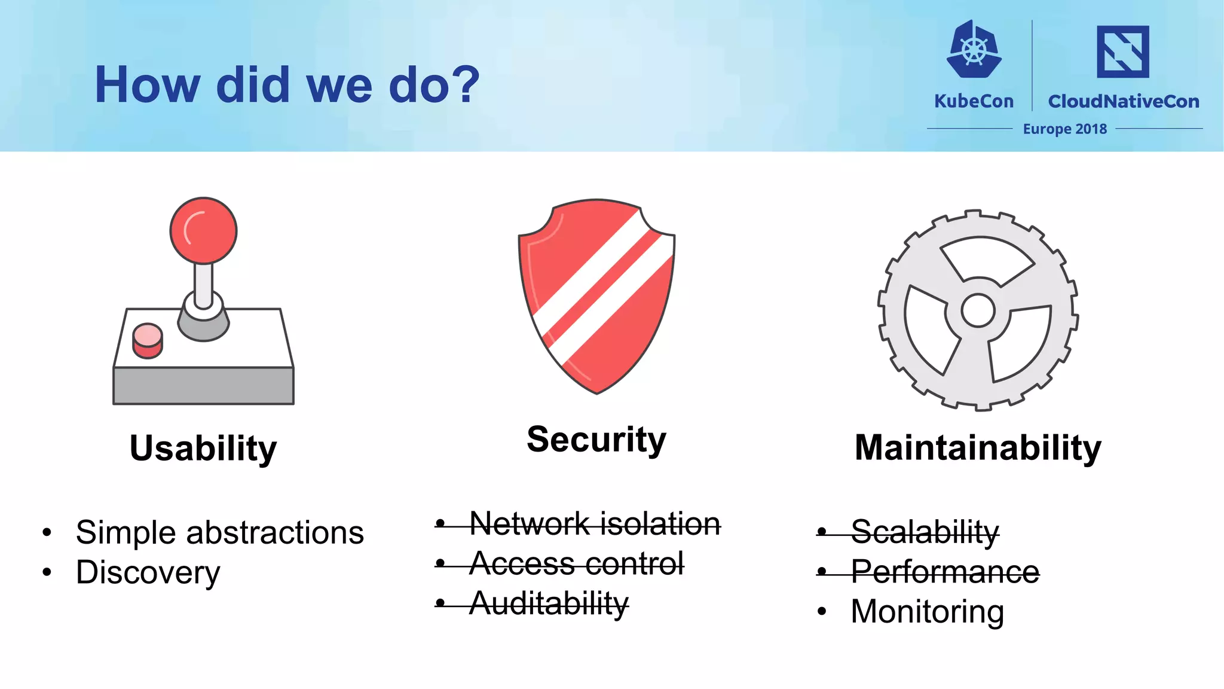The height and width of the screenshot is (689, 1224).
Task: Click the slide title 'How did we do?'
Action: (x=287, y=85)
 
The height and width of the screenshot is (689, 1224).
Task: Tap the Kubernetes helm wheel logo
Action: (x=974, y=50)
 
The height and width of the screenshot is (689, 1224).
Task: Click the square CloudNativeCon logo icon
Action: (x=1122, y=51)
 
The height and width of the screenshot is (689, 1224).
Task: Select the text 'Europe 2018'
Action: (x=1064, y=129)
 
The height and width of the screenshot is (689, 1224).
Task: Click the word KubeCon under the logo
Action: (x=974, y=101)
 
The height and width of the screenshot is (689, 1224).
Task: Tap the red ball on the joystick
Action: (x=203, y=230)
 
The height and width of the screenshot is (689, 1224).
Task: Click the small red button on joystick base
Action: (x=147, y=340)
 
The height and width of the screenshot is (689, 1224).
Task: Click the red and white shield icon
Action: (x=596, y=296)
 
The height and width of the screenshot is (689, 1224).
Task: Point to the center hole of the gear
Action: (x=978, y=310)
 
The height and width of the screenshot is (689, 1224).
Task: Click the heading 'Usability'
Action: (x=203, y=448)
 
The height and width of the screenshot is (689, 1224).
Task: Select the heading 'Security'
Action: (x=596, y=440)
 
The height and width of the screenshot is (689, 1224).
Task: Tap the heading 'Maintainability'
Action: (x=978, y=447)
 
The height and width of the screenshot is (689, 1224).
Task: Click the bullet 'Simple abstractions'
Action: (x=219, y=532)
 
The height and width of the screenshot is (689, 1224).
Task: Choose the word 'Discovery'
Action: (x=148, y=572)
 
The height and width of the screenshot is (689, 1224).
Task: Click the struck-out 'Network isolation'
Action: (x=595, y=524)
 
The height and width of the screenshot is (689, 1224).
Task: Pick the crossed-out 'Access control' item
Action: (x=576, y=563)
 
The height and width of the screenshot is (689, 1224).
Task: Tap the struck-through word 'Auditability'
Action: (x=549, y=603)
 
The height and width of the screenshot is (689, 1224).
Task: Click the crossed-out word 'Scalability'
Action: (x=925, y=531)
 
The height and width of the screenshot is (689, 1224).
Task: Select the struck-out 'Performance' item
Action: (x=945, y=572)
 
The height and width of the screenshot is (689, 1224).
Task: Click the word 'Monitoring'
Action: (x=927, y=611)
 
